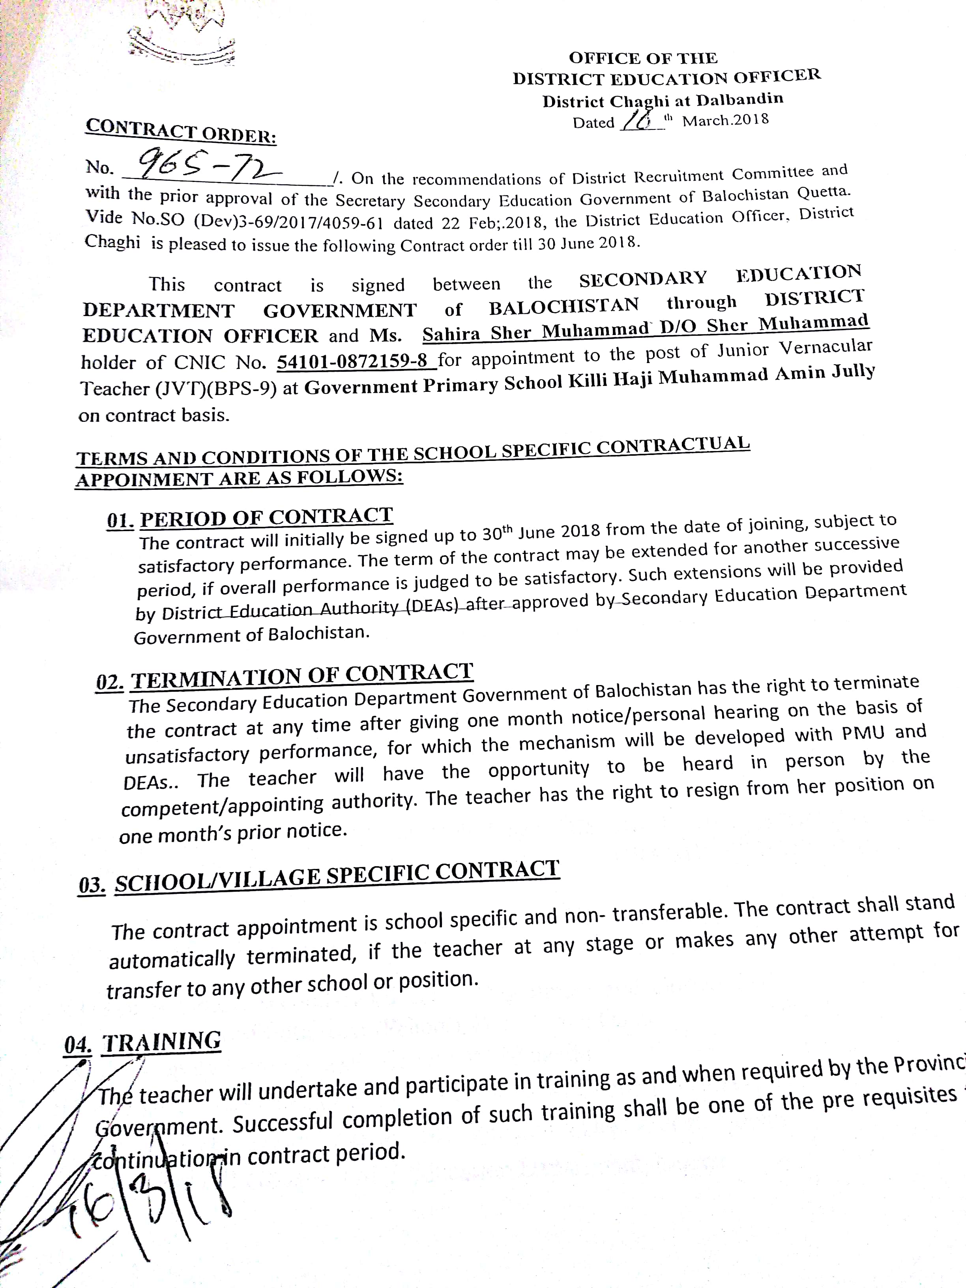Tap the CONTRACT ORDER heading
coord(180,131)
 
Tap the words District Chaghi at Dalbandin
coord(663,100)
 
